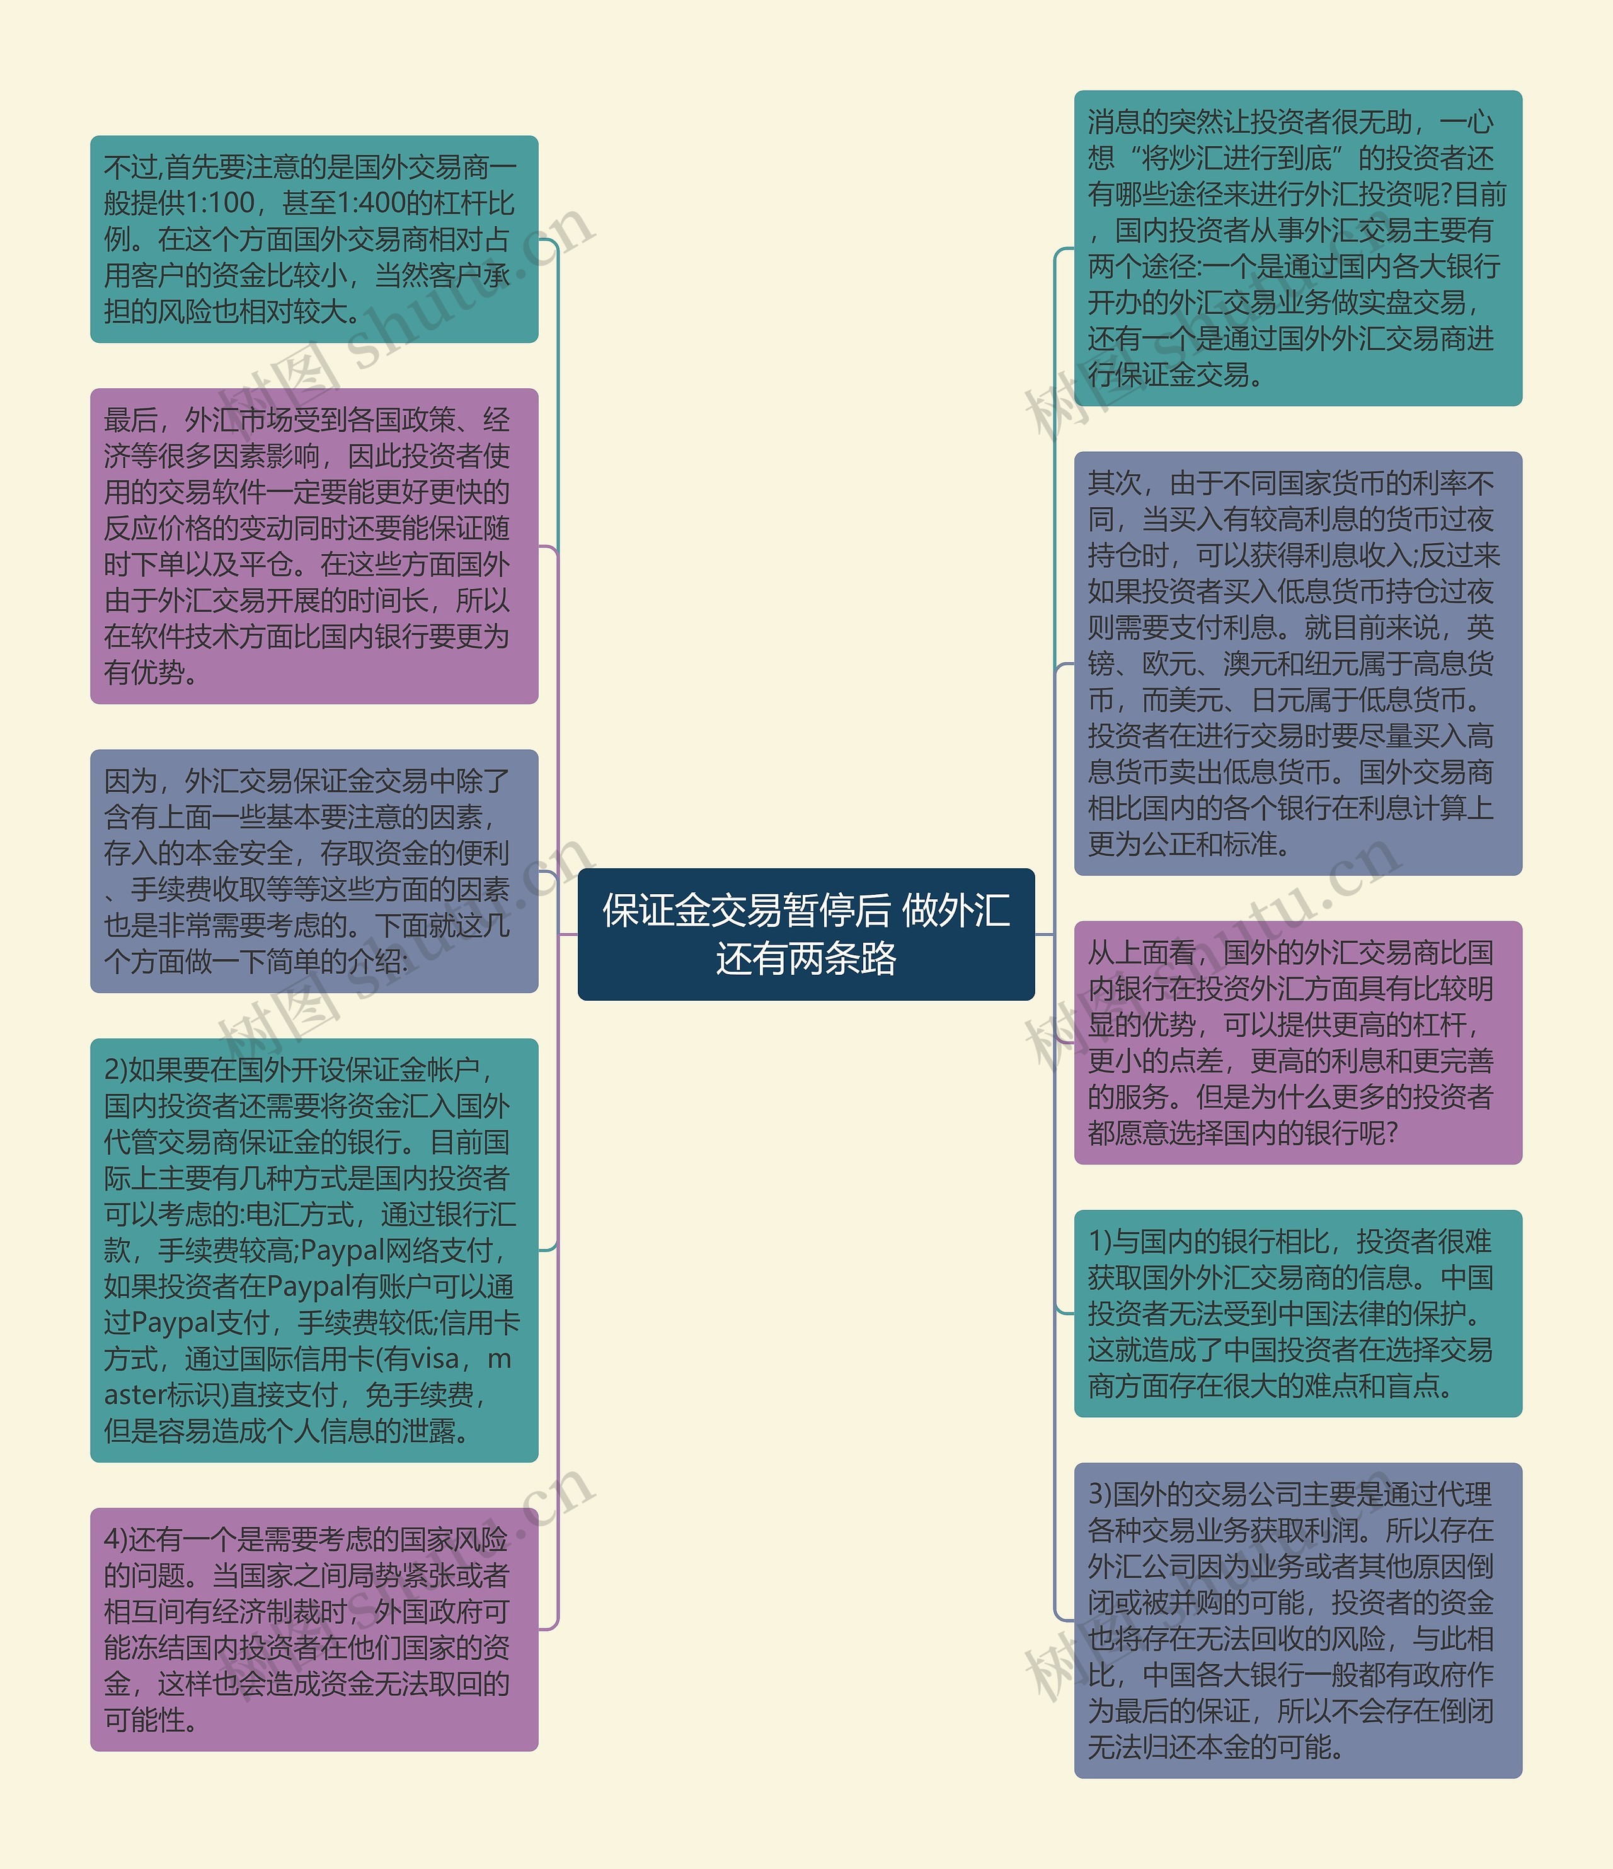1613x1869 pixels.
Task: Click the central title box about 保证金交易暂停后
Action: click(806, 934)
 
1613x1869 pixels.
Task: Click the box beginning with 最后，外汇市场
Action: click(314, 546)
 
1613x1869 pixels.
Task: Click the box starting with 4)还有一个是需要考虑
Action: click(314, 1629)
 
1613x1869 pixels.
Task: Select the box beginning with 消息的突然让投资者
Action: click(1297, 248)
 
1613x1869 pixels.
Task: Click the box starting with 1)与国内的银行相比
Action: click(1297, 1313)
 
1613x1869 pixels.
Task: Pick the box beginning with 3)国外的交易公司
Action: click(1297, 1620)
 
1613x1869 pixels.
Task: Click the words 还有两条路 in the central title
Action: click(806, 958)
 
